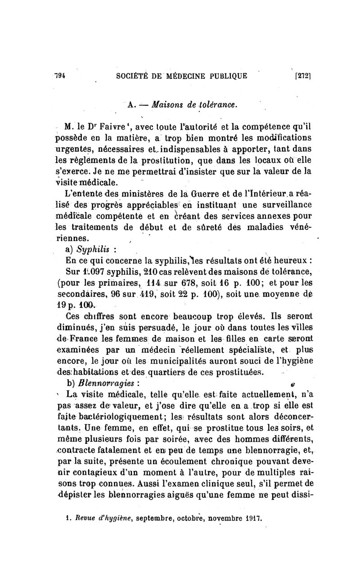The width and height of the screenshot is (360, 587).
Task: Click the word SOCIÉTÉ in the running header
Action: click(133, 76)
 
